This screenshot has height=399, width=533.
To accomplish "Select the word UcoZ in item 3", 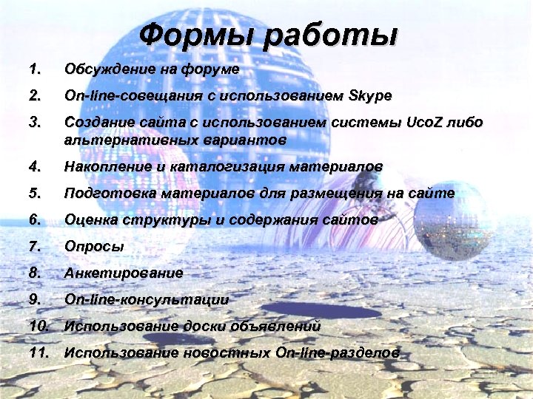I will [x=429, y=123].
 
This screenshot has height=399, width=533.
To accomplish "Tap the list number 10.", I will [x=38, y=325].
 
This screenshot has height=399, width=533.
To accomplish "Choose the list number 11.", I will [x=38, y=352].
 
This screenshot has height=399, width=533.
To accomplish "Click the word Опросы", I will [x=94, y=247].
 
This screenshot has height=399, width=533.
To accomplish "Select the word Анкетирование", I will [x=124, y=273].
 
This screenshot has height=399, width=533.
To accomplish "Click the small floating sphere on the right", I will [x=452, y=219].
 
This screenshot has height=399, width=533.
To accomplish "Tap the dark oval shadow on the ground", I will [x=301, y=307].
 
